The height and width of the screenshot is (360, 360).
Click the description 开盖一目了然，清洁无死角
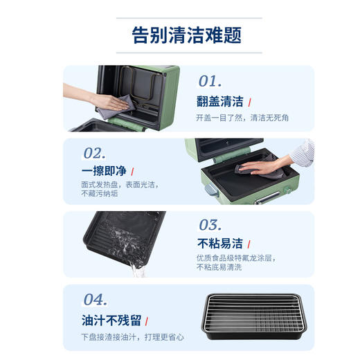click(x=242, y=118)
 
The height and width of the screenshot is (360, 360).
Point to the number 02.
click(x=94, y=152)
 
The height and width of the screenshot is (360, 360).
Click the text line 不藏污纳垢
click(x=100, y=194)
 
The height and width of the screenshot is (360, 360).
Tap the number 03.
click(x=210, y=224)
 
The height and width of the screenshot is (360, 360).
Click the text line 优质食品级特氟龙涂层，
click(x=236, y=258)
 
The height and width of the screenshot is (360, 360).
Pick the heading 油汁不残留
click(x=111, y=320)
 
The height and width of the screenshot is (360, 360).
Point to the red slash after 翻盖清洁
click(x=249, y=101)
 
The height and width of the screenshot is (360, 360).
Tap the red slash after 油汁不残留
click(x=148, y=321)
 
